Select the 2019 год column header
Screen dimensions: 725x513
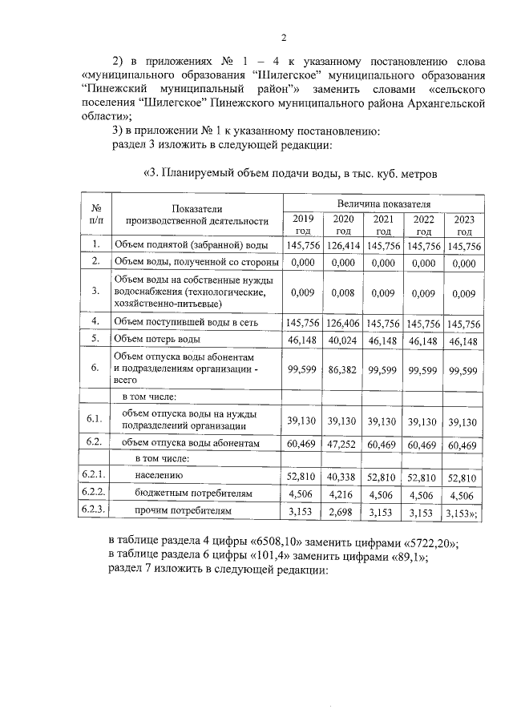click(x=303, y=224)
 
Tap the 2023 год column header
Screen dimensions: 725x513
click(x=464, y=224)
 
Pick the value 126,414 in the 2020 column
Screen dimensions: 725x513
click(x=343, y=246)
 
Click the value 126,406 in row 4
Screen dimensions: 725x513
click(x=343, y=324)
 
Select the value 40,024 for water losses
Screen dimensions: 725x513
click(x=343, y=340)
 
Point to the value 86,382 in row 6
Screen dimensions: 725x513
click(x=343, y=369)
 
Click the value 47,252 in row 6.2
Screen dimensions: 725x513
click(x=343, y=443)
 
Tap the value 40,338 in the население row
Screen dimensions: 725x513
click(x=343, y=478)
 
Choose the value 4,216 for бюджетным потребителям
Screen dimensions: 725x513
click(x=343, y=494)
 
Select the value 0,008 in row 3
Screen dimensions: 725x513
click(x=343, y=292)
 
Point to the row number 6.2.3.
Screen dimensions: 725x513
click(x=94, y=510)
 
